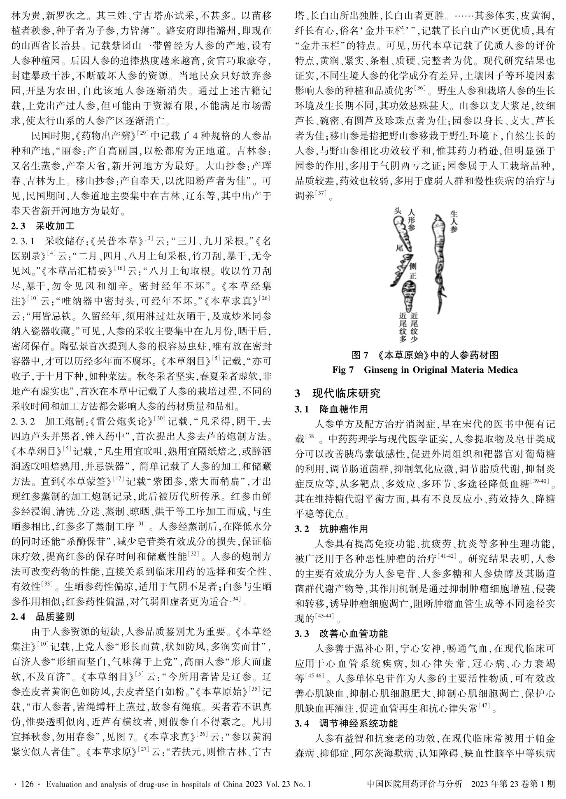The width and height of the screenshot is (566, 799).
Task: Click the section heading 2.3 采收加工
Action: click(x=43, y=226)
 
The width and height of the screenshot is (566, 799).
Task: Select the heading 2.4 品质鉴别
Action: click(x=43, y=617)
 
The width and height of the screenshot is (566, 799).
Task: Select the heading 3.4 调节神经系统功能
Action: click(x=347, y=723)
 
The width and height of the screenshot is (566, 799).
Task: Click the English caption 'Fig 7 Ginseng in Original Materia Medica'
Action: click(x=425, y=370)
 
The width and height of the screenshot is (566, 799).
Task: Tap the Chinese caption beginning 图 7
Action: click(x=425, y=355)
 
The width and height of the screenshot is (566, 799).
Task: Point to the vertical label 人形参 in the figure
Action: click(x=411, y=221)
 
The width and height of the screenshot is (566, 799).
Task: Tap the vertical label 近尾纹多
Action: click(x=403, y=327)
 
